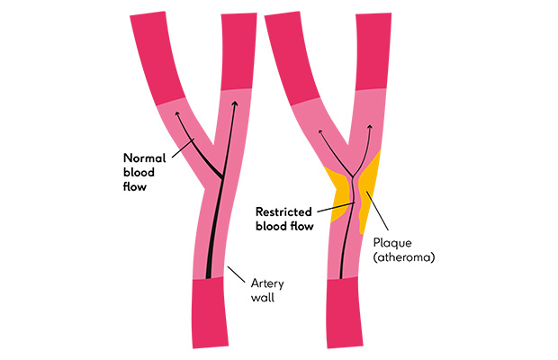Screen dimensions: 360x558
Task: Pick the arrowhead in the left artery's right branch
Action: click(x=235, y=103)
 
